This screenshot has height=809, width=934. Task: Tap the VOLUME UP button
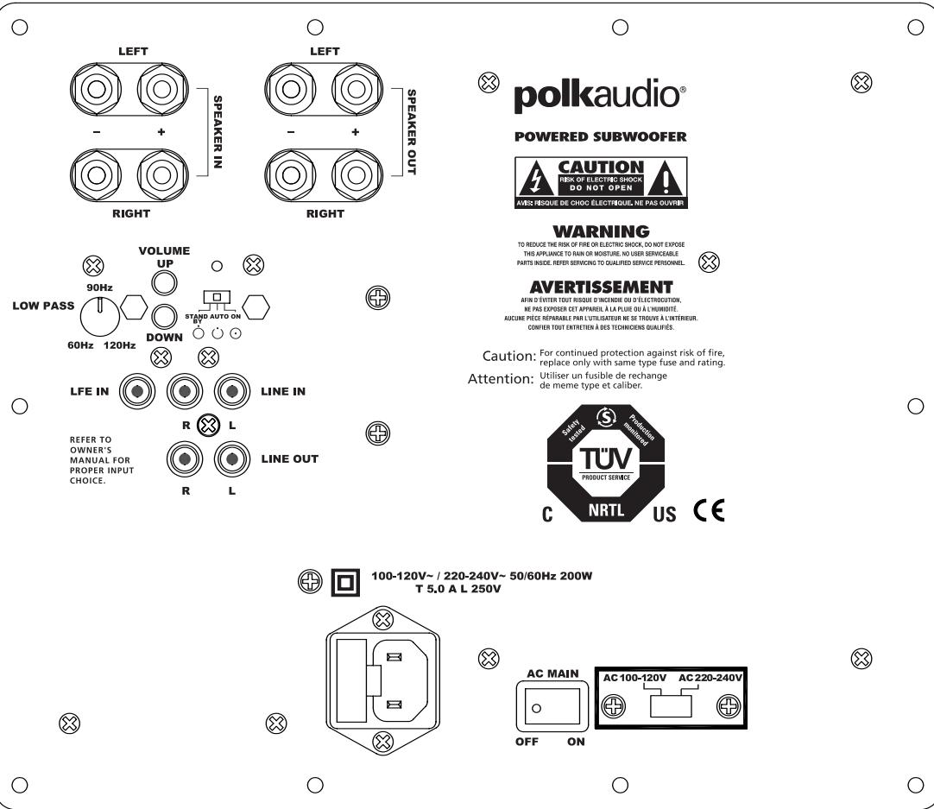[x=165, y=281]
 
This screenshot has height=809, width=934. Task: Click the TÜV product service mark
[x=604, y=458]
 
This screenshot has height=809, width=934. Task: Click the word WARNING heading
[x=600, y=231]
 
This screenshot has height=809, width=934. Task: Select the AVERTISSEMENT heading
[x=601, y=287]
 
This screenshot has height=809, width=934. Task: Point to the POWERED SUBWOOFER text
[x=600, y=136]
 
